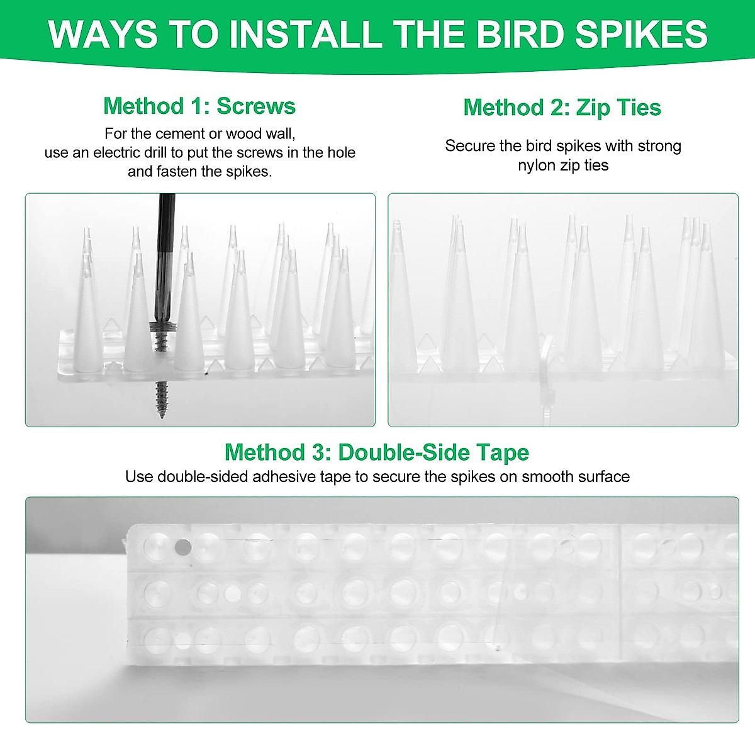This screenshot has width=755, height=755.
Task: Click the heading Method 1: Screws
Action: pyautogui.click(x=199, y=106)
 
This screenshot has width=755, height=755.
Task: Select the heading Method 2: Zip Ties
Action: pyautogui.click(x=562, y=108)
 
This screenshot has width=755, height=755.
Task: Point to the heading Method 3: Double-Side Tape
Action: pyautogui.click(x=376, y=452)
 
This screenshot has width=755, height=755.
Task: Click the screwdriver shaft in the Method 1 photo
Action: pyautogui.click(x=166, y=252)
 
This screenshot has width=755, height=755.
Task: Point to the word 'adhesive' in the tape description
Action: pyautogui.click(x=284, y=477)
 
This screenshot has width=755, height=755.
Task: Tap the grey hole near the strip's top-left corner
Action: pyautogui.click(x=182, y=547)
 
